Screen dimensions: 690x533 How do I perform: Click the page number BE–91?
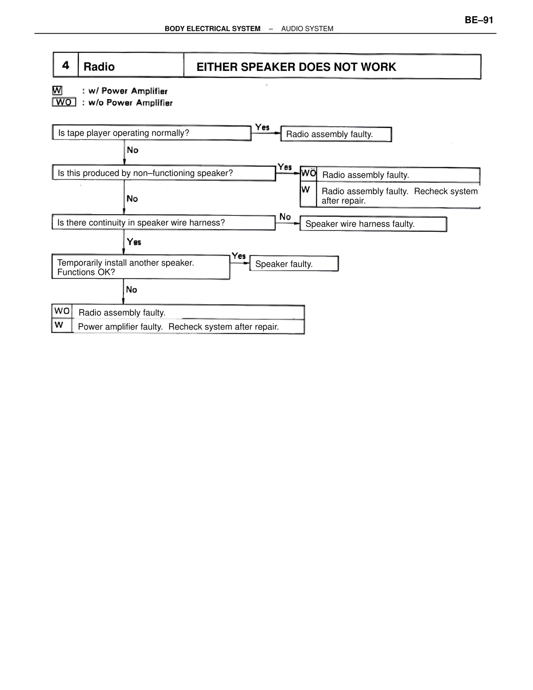click(479, 20)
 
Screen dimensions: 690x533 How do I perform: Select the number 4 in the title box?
click(66, 65)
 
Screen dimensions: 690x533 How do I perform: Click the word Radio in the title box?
click(99, 67)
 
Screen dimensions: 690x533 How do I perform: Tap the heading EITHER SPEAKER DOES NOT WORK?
click(296, 67)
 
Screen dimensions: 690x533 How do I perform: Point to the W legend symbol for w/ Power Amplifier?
click(57, 90)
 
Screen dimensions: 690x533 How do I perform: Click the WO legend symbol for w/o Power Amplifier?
click(64, 102)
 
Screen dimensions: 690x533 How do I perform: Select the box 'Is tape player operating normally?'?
click(152, 133)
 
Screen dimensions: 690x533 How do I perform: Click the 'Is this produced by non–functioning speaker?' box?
click(164, 173)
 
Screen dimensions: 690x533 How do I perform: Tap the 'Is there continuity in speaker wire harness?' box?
click(163, 222)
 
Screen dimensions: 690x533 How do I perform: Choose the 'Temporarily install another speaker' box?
click(141, 267)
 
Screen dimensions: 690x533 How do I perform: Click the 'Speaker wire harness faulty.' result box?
click(373, 224)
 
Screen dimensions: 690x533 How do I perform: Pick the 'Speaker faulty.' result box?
click(294, 264)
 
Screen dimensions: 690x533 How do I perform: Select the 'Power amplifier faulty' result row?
click(178, 327)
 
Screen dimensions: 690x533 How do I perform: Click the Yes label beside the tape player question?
click(262, 127)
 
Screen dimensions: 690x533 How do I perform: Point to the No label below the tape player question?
click(132, 150)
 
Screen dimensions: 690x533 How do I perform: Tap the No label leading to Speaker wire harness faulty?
click(285, 217)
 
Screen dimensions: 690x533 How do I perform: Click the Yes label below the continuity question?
click(134, 242)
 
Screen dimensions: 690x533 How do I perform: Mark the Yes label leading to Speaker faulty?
click(239, 256)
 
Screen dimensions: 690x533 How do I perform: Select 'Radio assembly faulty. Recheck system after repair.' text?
click(399, 196)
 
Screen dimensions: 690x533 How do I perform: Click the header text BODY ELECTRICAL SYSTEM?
click(212, 29)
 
